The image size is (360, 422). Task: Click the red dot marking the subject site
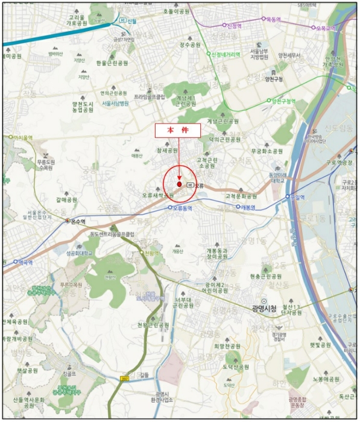click(179, 183)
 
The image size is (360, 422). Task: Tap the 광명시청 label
click(264, 308)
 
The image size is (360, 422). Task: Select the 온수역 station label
click(76, 221)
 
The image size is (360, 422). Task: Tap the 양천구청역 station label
click(283, 101)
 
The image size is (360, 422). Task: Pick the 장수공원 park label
click(189, 44)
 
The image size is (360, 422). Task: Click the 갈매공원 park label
click(66, 200)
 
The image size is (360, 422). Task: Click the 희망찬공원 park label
click(227, 347)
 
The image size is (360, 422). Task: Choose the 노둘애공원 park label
click(325, 379)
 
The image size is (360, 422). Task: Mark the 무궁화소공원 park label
click(267, 151)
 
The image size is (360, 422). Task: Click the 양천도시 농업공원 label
click(84, 107)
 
